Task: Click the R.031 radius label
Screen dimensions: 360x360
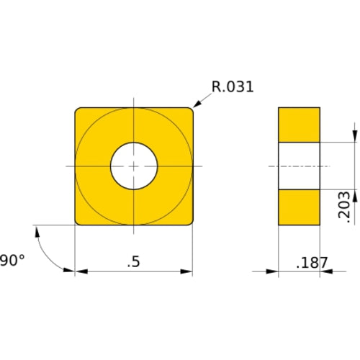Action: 233,88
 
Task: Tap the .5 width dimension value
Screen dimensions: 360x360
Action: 133,262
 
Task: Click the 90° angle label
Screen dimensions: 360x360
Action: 12,259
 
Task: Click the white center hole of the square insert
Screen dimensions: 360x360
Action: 134,166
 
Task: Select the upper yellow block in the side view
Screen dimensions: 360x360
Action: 299,125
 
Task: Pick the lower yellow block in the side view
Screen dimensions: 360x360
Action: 299,207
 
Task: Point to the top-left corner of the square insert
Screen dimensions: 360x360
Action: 78,110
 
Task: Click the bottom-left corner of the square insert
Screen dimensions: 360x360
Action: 78,222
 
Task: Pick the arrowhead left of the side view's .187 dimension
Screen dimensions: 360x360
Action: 273,271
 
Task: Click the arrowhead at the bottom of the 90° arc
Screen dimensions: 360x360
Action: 69,270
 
